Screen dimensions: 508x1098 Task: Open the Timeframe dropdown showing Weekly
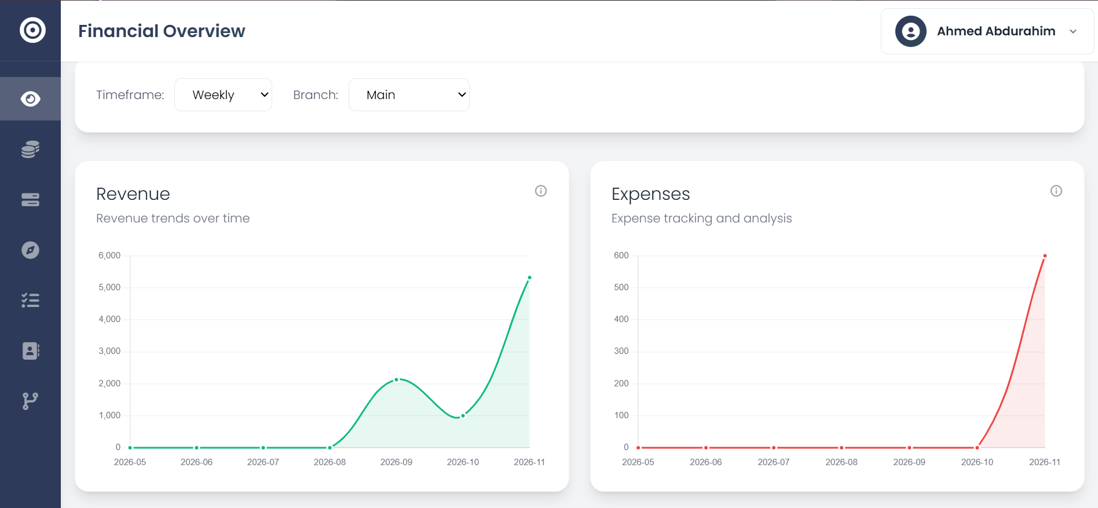(223, 95)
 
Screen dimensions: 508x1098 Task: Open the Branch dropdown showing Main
(409, 95)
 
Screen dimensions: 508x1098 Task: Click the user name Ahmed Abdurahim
(995, 31)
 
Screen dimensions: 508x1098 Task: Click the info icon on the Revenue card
(541, 191)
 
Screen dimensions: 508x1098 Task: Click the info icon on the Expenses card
(1056, 191)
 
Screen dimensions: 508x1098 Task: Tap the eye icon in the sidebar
(30, 99)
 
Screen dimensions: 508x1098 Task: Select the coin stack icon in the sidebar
(30, 149)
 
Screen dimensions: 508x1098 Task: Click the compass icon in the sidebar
(30, 250)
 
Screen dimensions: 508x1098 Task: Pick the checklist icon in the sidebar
(30, 300)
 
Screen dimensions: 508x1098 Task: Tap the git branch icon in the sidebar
(30, 401)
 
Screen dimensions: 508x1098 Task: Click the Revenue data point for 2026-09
(397, 380)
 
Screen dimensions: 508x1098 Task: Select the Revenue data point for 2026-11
(529, 278)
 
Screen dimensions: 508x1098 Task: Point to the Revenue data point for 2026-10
(463, 416)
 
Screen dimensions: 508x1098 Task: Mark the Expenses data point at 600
(1045, 256)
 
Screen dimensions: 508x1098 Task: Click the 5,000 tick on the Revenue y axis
(109, 287)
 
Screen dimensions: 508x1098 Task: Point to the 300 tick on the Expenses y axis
(621, 351)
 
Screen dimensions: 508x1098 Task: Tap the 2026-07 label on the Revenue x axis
(263, 462)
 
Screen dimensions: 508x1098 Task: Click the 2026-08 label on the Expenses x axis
(841, 462)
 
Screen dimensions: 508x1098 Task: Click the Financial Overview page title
(162, 31)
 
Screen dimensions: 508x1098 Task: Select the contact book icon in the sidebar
(30, 350)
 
